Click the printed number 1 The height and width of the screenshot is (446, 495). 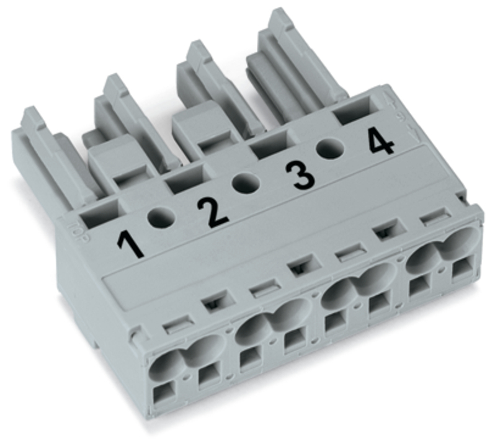tap(130, 244)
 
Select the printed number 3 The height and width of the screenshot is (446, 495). tap(300, 176)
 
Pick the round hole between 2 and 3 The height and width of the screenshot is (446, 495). tap(246, 183)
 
